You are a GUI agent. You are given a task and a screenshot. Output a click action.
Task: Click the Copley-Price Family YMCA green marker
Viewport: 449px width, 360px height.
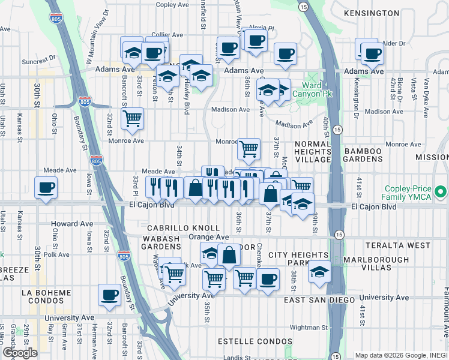(x=441, y=193)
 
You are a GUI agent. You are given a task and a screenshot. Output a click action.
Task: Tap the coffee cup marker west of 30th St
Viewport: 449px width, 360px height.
(x=46, y=188)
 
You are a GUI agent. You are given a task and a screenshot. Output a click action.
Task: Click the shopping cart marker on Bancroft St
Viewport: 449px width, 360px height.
(x=132, y=118)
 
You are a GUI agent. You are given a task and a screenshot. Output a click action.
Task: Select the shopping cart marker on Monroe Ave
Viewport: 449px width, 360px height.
(x=249, y=148)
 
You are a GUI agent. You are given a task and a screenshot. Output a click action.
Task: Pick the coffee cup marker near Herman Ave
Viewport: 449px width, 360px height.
(x=110, y=295)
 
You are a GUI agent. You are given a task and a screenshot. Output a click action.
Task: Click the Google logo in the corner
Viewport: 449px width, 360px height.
(x=20, y=353)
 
